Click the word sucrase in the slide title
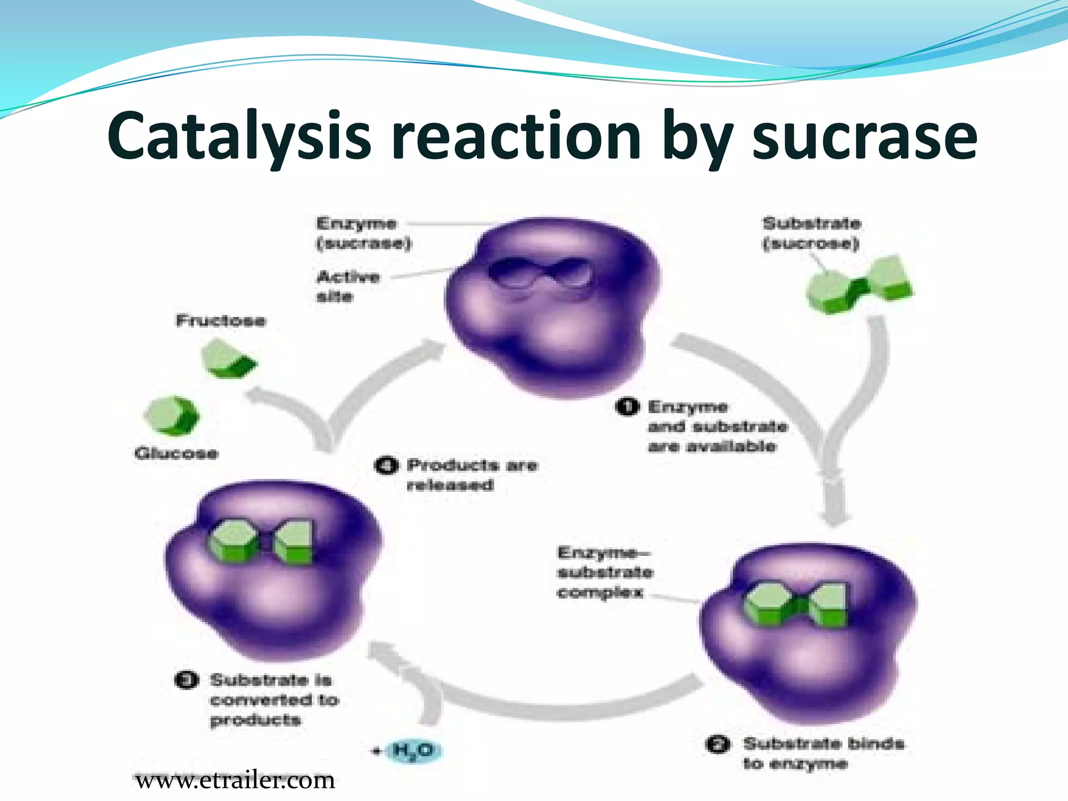pyautogui.click(x=864, y=137)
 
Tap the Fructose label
pyautogui.click(x=221, y=320)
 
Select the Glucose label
pyautogui.click(x=176, y=453)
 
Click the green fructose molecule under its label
pyautogui.click(x=228, y=358)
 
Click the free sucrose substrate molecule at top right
pyautogui.click(x=859, y=284)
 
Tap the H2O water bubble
pyautogui.click(x=412, y=750)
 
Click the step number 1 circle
pyautogui.click(x=626, y=406)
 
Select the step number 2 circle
pyautogui.click(x=718, y=744)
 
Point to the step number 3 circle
pyautogui.click(x=186, y=680)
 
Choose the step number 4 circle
pyautogui.click(x=386, y=465)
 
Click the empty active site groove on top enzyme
pyautogui.click(x=540, y=274)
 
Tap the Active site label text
pyautogui.click(x=347, y=286)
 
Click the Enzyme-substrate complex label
pyautogui.click(x=604, y=572)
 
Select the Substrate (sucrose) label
pyautogui.click(x=811, y=233)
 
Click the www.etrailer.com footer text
pyautogui.click(x=235, y=781)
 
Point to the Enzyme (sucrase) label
pyautogui.click(x=363, y=233)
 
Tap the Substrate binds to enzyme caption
pyautogui.click(x=823, y=753)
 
